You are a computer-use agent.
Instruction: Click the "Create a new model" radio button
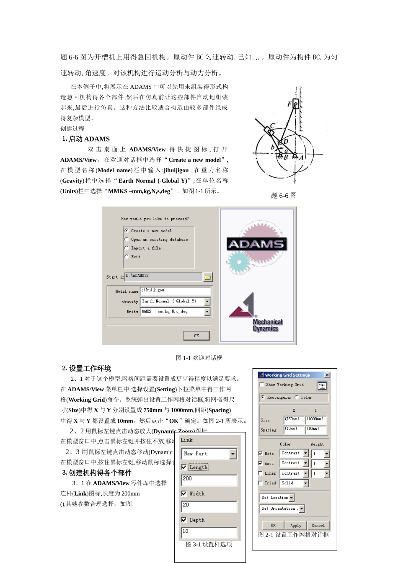tap(127, 231)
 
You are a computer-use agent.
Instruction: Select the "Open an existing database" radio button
tap(127, 240)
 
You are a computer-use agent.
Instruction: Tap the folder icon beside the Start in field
tap(207, 277)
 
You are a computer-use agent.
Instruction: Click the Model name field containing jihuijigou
tap(175, 291)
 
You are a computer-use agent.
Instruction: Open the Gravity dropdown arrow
tap(207, 302)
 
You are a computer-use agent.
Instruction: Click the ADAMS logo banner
tap(256, 244)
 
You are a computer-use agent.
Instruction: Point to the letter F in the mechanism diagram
tap(289, 104)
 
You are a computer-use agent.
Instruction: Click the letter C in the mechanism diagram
tap(272, 126)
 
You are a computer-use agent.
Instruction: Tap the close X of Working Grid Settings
tap(327, 375)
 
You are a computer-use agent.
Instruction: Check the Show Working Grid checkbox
tap(262, 385)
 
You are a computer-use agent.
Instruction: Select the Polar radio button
tap(297, 397)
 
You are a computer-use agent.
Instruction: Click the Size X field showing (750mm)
tap(293, 419)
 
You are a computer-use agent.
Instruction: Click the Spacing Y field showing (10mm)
tap(315, 429)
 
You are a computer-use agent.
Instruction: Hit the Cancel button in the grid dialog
tap(318, 525)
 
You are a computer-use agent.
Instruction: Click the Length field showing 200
tap(209, 480)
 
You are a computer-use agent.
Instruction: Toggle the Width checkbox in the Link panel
tap(183, 493)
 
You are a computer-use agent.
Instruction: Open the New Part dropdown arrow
tap(233, 454)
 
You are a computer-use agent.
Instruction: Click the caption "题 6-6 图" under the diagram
tap(284, 196)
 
